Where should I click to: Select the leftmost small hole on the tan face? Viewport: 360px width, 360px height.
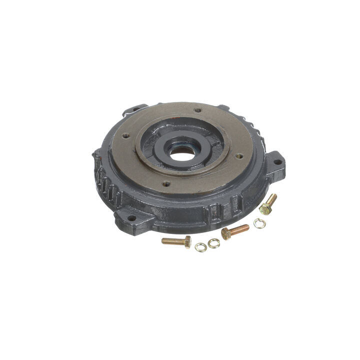[126, 135]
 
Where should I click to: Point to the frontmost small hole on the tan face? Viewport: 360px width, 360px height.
[166, 183]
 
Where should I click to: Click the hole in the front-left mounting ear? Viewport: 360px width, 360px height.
[132, 218]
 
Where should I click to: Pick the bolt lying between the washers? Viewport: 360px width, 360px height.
[234, 230]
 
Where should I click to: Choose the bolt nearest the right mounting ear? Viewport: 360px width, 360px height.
[268, 204]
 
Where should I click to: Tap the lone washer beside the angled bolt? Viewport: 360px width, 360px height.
[259, 223]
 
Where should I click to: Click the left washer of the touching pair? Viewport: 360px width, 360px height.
[201, 246]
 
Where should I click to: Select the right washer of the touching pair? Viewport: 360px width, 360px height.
[213, 243]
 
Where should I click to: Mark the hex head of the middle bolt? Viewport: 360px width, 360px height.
[225, 233]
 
